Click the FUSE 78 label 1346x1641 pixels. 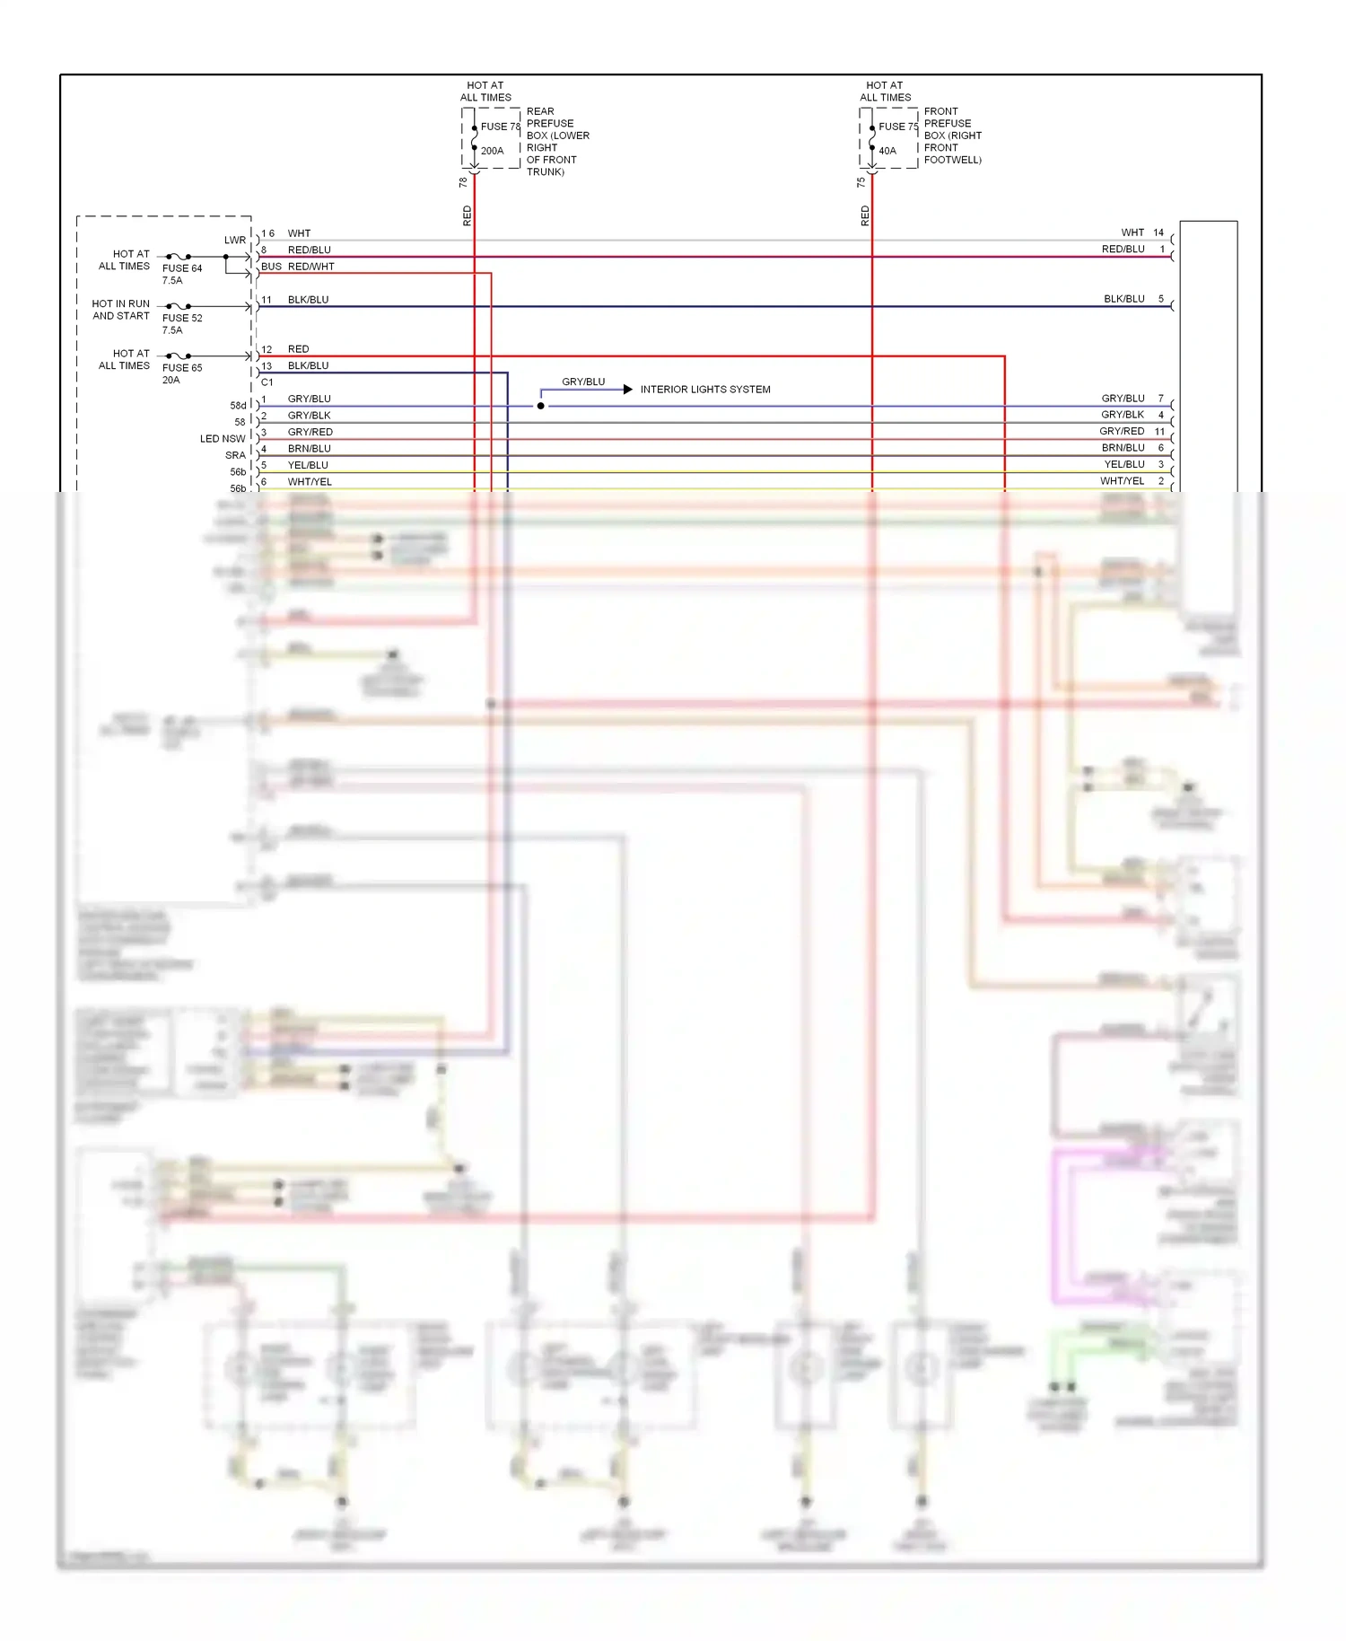point(500,127)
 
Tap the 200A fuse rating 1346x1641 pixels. point(492,151)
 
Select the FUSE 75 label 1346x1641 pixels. point(897,127)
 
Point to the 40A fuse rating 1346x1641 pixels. point(887,151)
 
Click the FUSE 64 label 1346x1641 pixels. point(182,268)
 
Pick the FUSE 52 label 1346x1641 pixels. point(182,318)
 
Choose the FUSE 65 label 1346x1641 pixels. point(182,368)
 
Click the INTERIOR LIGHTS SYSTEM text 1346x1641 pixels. point(705,390)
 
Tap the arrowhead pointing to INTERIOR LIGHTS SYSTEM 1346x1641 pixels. point(628,390)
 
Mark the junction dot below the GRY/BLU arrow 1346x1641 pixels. point(541,406)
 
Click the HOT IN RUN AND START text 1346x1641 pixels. point(121,310)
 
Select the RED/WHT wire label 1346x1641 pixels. point(310,267)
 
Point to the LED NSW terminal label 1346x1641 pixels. point(223,439)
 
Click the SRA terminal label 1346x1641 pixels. point(235,455)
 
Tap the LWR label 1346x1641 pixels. point(235,240)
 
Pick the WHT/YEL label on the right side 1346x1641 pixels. point(1123,481)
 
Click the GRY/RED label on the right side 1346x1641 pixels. point(1122,432)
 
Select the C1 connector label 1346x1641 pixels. point(267,382)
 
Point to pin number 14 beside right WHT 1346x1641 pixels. point(1158,233)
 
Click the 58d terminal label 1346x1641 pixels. point(238,406)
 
